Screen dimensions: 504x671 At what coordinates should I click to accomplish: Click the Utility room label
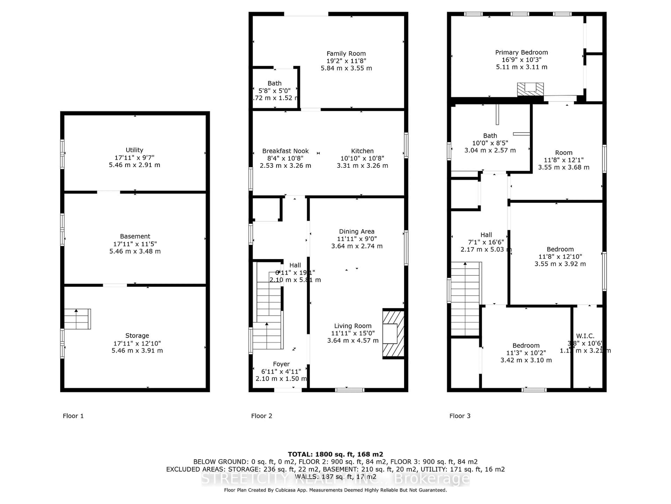click(134, 150)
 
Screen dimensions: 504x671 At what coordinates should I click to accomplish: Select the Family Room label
click(346, 54)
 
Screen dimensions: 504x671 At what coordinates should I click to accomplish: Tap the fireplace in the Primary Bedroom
click(530, 89)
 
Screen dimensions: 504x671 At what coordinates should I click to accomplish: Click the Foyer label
click(281, 364)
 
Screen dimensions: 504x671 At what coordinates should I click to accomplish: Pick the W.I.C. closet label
click(585, 336)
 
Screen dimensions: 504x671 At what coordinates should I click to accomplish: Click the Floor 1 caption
click(73, 416)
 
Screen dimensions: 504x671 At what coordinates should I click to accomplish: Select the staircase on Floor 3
click(465, 299)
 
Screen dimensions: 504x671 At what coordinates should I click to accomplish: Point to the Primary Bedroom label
click(521, 52)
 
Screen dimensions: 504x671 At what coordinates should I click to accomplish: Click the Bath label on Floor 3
click(490, 136)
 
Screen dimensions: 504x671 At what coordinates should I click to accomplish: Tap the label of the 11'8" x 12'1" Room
click(564, 153)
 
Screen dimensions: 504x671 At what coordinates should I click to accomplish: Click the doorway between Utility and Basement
click(109, 192)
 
